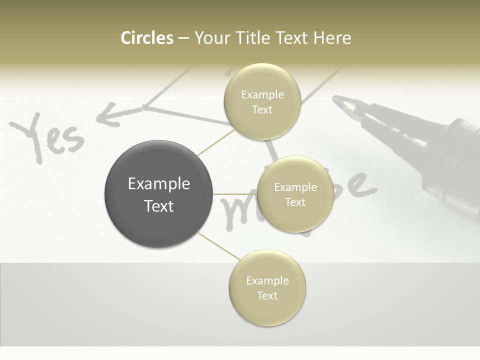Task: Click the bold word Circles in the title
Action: [146, 38]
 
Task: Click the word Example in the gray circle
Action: [158, 184]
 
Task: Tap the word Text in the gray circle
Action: [158, 206]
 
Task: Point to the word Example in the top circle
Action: [262, 95]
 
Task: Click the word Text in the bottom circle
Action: [267, 295]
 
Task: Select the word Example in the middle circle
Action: [295, 187]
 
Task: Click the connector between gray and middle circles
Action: [235, 194]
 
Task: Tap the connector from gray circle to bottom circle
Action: [218, 246]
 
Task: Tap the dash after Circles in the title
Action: [183, 38]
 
